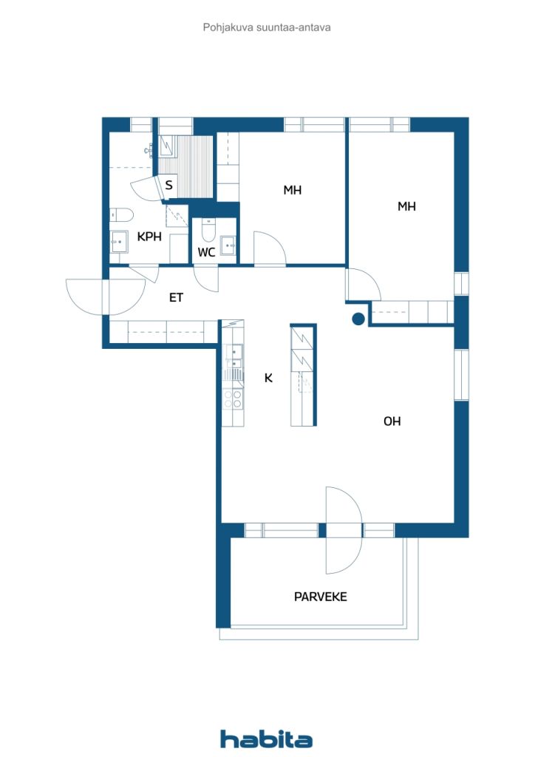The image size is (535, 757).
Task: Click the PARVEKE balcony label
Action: click(320, 597)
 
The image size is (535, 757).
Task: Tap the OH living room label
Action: click(392, 421)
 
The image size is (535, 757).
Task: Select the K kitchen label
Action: click(268, 378)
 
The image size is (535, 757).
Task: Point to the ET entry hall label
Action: click(176, 297)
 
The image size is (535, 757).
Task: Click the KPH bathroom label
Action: click(149, 237)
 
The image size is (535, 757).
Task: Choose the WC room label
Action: click(206, 252)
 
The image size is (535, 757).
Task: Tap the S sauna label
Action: click(168, 185)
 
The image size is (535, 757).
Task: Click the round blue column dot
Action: click(358, 319)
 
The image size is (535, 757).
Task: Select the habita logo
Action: click(266, 739)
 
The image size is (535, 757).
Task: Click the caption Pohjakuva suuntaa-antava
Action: click(267, 27)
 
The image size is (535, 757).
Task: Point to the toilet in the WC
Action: click(209, 230)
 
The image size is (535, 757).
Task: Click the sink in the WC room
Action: click(228, 245)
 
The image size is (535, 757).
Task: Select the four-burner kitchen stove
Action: click(233, 399)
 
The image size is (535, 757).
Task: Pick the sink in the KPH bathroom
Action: click(119, 242)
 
